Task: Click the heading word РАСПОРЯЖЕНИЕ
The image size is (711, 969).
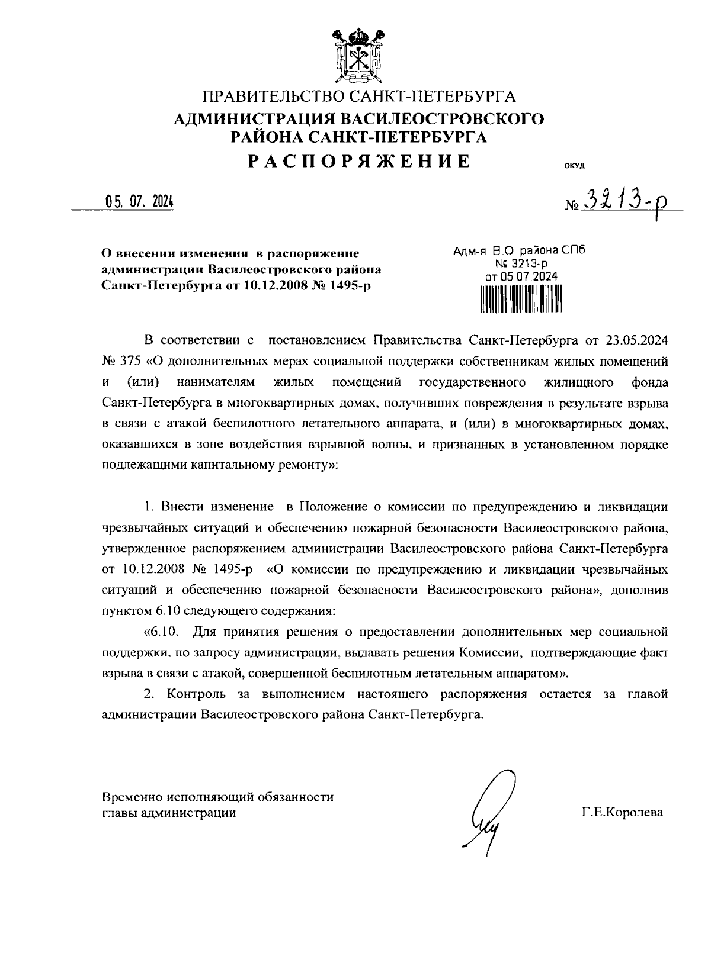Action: pyautogui.click(x=360, y=161)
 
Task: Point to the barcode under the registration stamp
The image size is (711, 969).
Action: pyautogui.click(x=520, y=298)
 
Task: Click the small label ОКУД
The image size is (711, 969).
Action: pyautogui.click(x=575, y=165)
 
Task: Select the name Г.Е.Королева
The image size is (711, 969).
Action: pyautogui.click(x=622, y=813)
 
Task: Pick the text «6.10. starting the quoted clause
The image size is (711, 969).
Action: pyautogui.click(x=161, y=632)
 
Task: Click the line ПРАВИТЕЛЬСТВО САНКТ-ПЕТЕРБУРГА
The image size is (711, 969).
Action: pyautogui.click(x=360, y=96)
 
